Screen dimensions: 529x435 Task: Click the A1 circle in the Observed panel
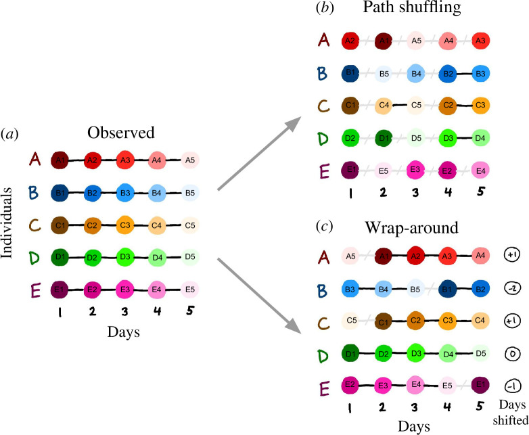(x=60, y=160)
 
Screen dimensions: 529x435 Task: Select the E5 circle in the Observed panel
(x=190, y=290)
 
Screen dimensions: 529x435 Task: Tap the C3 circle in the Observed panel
(x=125, y=225)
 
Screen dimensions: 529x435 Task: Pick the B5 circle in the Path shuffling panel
(x=384, y=74)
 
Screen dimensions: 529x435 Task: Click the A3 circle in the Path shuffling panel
(x=480, y=41)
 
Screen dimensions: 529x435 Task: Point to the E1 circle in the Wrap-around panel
(x=480, y=385)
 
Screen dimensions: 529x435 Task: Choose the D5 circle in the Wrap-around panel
(x=480, y=353)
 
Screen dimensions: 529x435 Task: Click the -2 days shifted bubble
(x=513, y=288)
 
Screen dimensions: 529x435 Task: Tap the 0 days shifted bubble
(x=513, y=354)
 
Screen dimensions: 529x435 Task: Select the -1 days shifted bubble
(x=513, y=386)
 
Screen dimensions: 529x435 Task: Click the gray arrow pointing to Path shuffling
(x=259, y=154)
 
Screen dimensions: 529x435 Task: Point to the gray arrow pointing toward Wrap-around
(x=259, y=296)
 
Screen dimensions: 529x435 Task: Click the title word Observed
(x=121, y=133)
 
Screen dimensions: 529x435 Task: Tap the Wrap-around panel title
(x=411, y=228)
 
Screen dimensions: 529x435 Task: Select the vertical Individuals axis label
(x=6, y=223)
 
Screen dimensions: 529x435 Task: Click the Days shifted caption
(x=511, y=412)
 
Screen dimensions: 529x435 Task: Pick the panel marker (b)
(x=325, y=7)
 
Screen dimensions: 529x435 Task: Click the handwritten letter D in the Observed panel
(x=34, y=258)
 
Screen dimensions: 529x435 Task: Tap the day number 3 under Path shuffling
(x=415, y=192)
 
